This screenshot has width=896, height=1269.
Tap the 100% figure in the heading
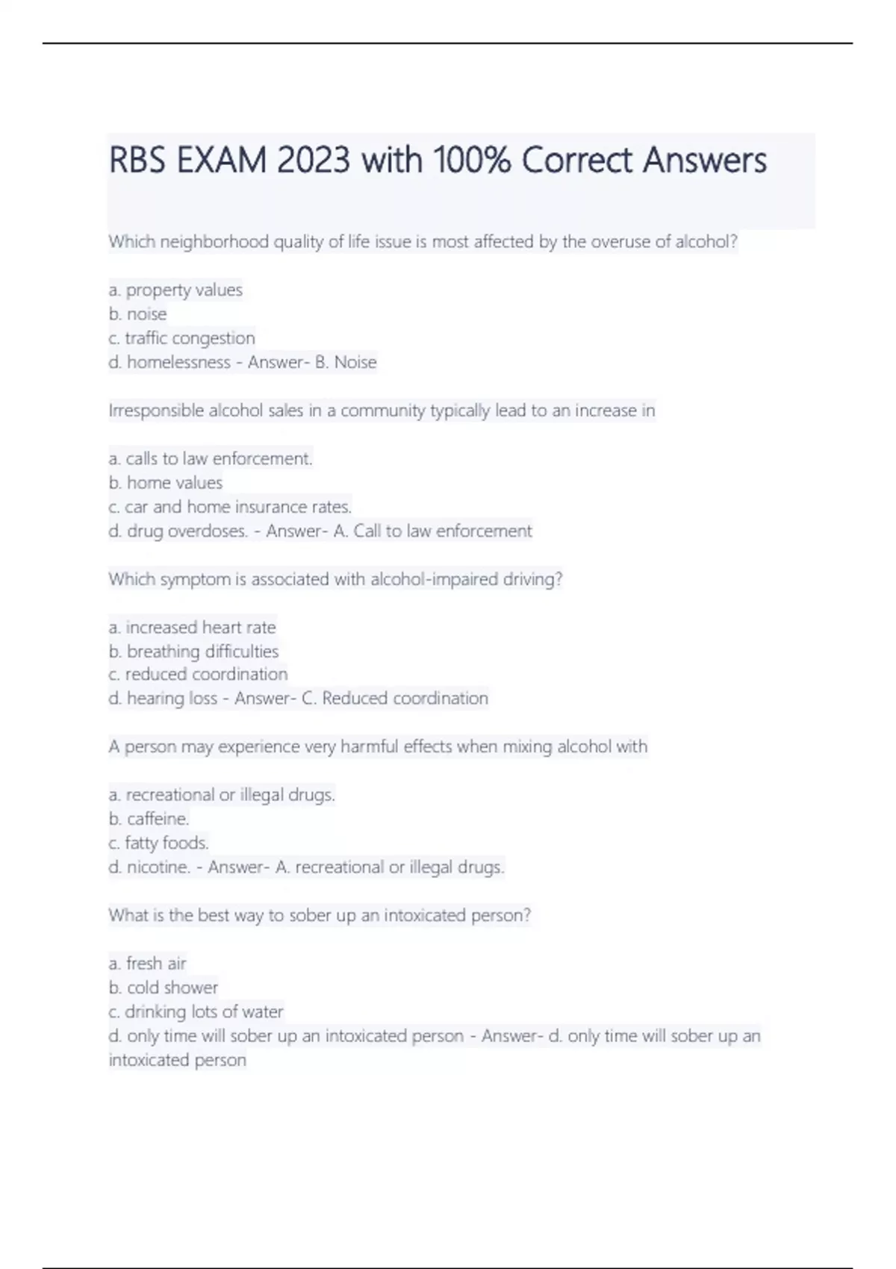472,160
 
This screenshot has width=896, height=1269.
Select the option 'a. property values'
175,290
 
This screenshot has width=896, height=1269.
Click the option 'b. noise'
137,314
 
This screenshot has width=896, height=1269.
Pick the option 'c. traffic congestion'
181,338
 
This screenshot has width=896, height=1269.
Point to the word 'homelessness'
178,363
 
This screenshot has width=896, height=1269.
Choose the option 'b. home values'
165,483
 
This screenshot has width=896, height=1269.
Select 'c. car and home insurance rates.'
230,507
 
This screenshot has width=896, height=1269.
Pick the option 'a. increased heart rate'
192,628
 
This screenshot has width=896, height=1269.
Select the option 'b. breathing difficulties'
193,652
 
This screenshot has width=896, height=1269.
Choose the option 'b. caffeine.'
149,819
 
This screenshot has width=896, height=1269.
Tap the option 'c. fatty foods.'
158,844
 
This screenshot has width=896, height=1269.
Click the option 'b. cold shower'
163,988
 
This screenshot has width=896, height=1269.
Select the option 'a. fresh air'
147,964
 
